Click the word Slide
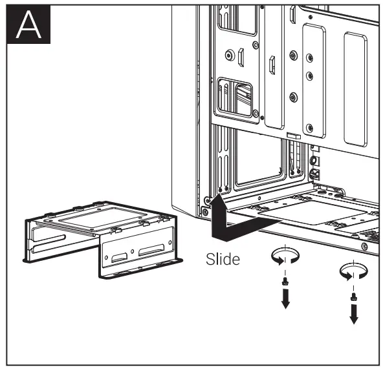[x=223, y=260]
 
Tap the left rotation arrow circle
[x=285, y=257]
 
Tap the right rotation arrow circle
[x=354, y=271]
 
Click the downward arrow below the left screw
[x=285, y=300]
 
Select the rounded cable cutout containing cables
[x=237, y=95]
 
